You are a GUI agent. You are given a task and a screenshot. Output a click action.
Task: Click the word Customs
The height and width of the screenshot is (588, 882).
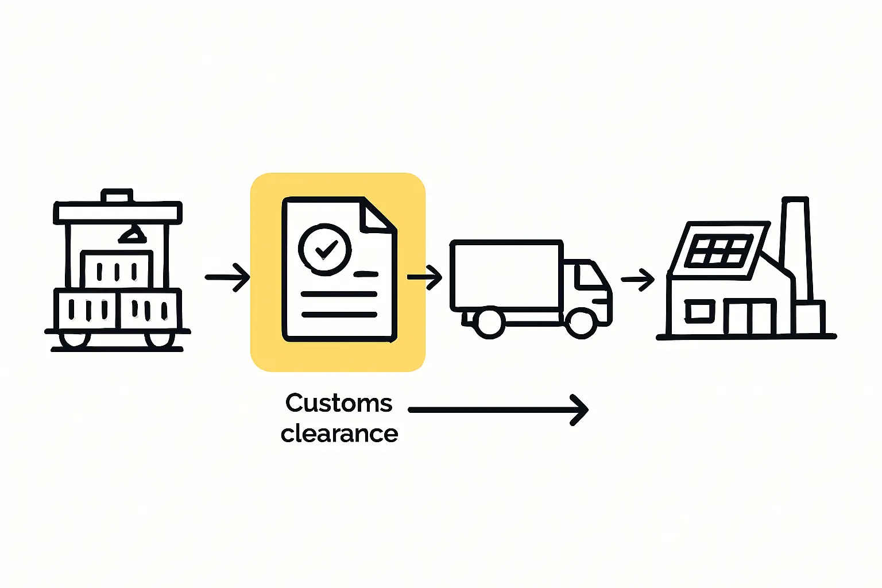tap(339, 403)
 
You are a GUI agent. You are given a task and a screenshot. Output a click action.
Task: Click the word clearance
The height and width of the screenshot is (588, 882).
tap(339, 434)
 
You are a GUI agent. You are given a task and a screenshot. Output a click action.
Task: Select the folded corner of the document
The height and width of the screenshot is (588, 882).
tap(377, 215)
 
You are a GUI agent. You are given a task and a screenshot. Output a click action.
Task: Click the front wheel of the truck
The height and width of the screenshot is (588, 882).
tap(581, 323)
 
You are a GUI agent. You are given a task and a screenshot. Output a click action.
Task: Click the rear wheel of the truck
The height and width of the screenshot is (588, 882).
tap(489, 323)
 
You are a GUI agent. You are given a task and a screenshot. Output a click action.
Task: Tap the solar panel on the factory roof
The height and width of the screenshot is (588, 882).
tap(719, 251)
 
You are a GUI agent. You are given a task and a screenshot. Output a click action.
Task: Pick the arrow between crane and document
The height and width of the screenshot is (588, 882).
tap(227, 277)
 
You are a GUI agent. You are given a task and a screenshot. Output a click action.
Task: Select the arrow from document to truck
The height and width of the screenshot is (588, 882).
tap(425, 277)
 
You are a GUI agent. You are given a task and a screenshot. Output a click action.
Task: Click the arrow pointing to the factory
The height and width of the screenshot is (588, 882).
tap(638, 280)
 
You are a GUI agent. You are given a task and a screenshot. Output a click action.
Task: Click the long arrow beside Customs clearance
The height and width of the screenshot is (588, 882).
tap(497, 410)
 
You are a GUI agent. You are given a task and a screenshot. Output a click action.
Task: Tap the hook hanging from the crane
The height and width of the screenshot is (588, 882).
tap(133, 234)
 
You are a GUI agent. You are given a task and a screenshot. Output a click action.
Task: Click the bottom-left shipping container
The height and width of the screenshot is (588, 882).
tap(87, 310)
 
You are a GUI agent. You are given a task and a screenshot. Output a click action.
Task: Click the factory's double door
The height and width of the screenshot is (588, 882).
tap(749, 316)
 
